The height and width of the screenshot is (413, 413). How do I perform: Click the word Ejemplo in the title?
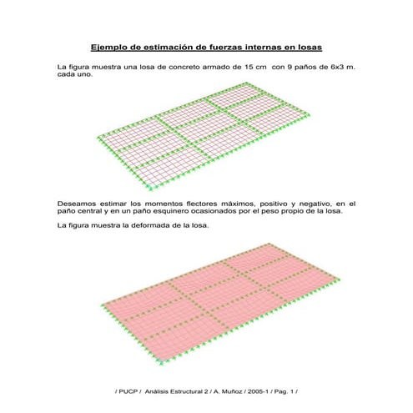(110, 47)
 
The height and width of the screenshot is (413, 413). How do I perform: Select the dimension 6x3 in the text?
(331, 66)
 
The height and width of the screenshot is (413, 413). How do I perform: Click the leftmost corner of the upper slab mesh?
(96, 135)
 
